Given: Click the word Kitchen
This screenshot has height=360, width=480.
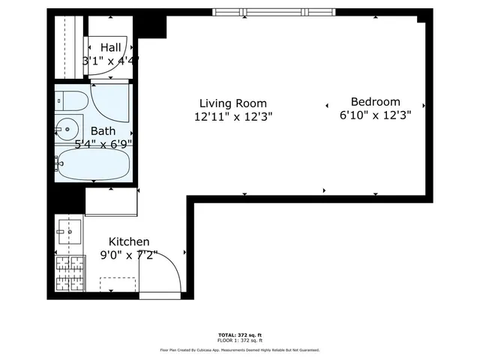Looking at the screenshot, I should click(x=129, y=241).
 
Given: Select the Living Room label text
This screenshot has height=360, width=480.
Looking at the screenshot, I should click(x=232, y=103).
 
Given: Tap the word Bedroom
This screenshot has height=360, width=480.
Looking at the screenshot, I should click(x=375, y=102).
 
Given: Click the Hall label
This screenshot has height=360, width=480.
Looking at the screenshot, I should click(x=110, y=48).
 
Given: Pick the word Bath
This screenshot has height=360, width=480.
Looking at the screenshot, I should click(x=103, y=130).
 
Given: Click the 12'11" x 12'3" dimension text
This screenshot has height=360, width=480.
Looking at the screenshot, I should click(x=232, y=116).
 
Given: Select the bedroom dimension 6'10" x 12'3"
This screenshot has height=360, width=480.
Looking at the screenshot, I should click(x=375, y=115).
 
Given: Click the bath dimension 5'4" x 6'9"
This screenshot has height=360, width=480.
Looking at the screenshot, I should click(x=103, y=143).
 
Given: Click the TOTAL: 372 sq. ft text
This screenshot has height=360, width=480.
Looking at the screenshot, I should click(x=239, y=334).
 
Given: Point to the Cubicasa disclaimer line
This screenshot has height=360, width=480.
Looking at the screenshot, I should click(x=239, y=349).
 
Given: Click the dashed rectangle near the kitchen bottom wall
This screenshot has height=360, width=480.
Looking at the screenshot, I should click(x=117, y=286).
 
